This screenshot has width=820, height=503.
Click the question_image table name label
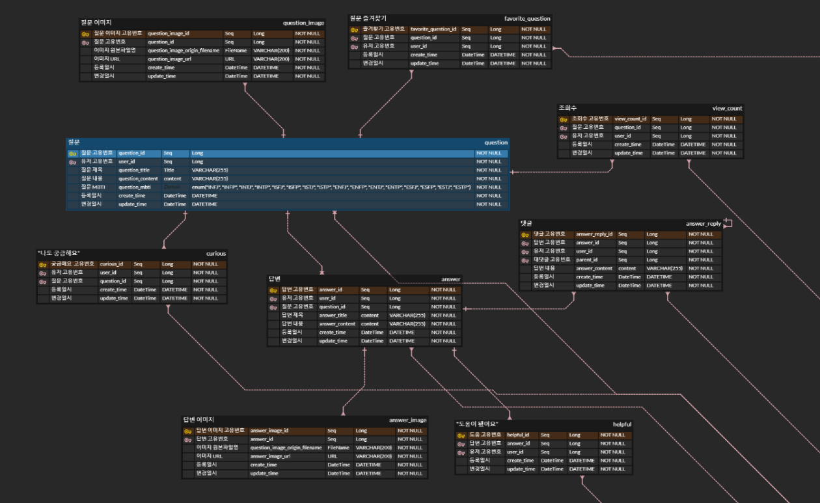point(303,23)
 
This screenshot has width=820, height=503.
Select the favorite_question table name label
point(527,19)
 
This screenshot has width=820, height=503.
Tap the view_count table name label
point(727,109)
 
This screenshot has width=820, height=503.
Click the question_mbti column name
point(135,187)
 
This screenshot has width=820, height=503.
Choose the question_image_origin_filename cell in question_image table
point(184,50)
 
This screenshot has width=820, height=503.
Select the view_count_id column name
point(631,119)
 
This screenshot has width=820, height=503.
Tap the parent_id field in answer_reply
point(586,260)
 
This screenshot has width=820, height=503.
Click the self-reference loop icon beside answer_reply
point(728,223)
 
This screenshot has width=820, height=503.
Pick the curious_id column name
point(111,264)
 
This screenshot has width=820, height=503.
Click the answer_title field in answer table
point(333,316)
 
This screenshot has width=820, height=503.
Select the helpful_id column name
point(518,435)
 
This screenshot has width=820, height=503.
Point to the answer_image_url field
point(271,456)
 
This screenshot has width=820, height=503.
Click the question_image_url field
point(169,59)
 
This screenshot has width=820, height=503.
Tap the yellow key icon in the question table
point(72,154)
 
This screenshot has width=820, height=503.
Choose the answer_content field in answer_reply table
point(594,268)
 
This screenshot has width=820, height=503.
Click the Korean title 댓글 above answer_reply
point(526,223)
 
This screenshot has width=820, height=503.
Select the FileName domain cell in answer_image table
point(338,448)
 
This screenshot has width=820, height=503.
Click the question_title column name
point(134,170)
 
